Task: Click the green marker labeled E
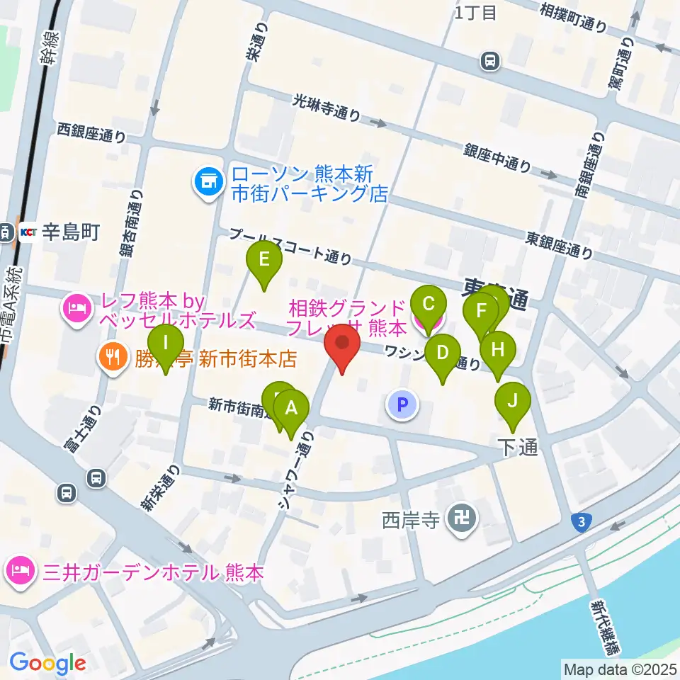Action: [263, 260]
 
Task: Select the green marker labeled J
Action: [511, 402]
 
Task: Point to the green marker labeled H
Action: [497, 350]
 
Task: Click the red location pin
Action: [343, 344]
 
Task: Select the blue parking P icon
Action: [402, 405]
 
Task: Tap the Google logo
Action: [47, 662]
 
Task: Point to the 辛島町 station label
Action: [70, 232]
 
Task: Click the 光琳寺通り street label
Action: [327, 109]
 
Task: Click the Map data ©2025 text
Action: [619, 669]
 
